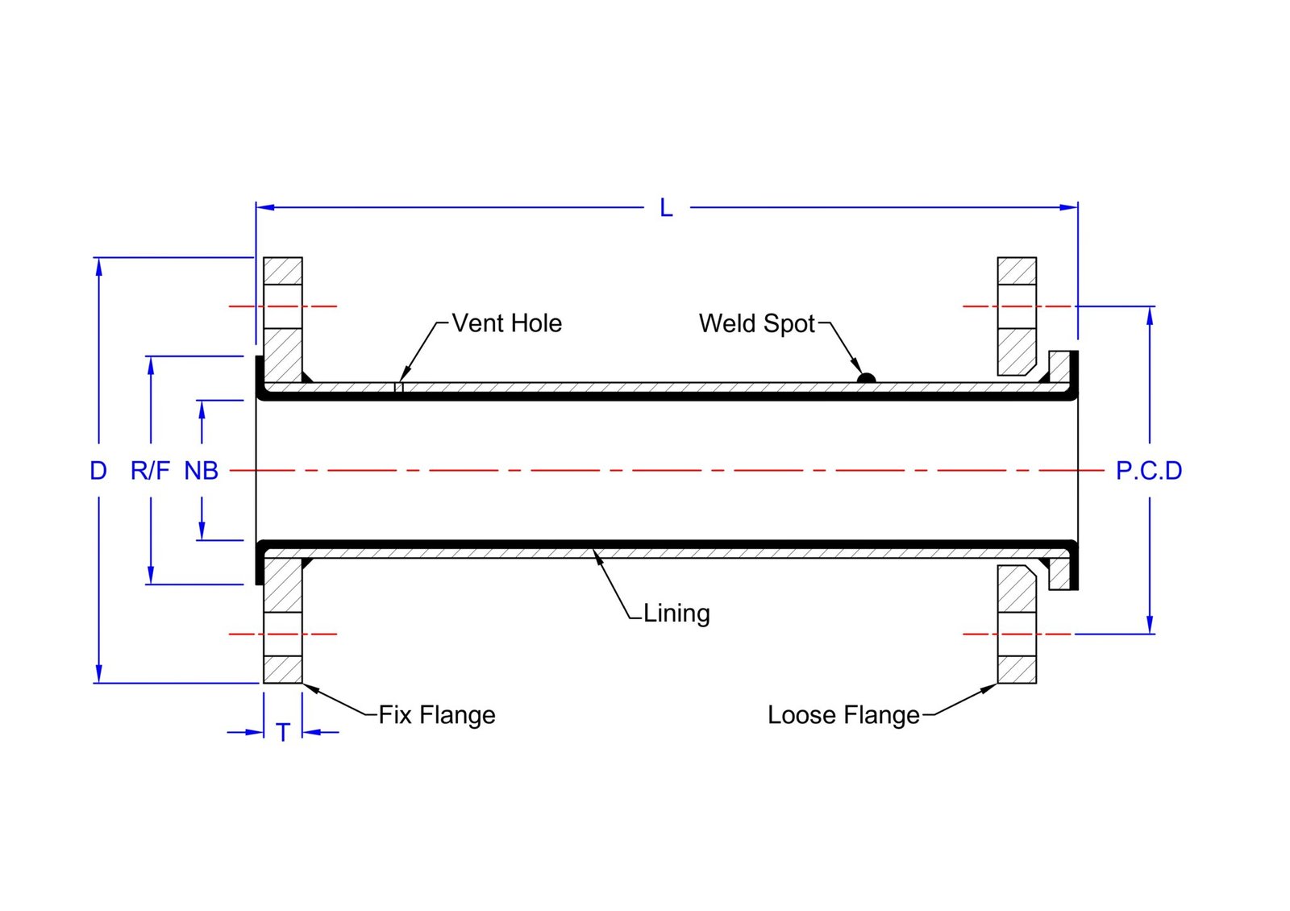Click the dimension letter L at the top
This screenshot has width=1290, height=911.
pos(666,208)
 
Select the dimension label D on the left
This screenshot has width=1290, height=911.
pos(98,471)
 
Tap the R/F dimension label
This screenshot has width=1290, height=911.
pos(150,471)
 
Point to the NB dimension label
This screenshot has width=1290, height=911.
pos(202,471)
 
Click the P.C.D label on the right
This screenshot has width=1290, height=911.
pos(1149,471)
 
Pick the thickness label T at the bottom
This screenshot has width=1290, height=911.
pos(283,733)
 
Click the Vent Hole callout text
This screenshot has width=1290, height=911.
pos(506,323)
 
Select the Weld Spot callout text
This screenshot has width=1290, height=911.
pos(757,323)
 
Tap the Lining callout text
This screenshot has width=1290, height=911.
pos(676,614)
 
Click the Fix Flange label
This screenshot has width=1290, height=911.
pos(437,715)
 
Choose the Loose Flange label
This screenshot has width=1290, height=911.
pos(843,715)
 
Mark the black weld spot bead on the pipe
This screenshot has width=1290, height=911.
pos(866,378)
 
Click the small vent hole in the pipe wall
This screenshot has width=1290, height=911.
pos(398,387)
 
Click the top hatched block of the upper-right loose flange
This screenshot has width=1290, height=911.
pos(1017,271)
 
